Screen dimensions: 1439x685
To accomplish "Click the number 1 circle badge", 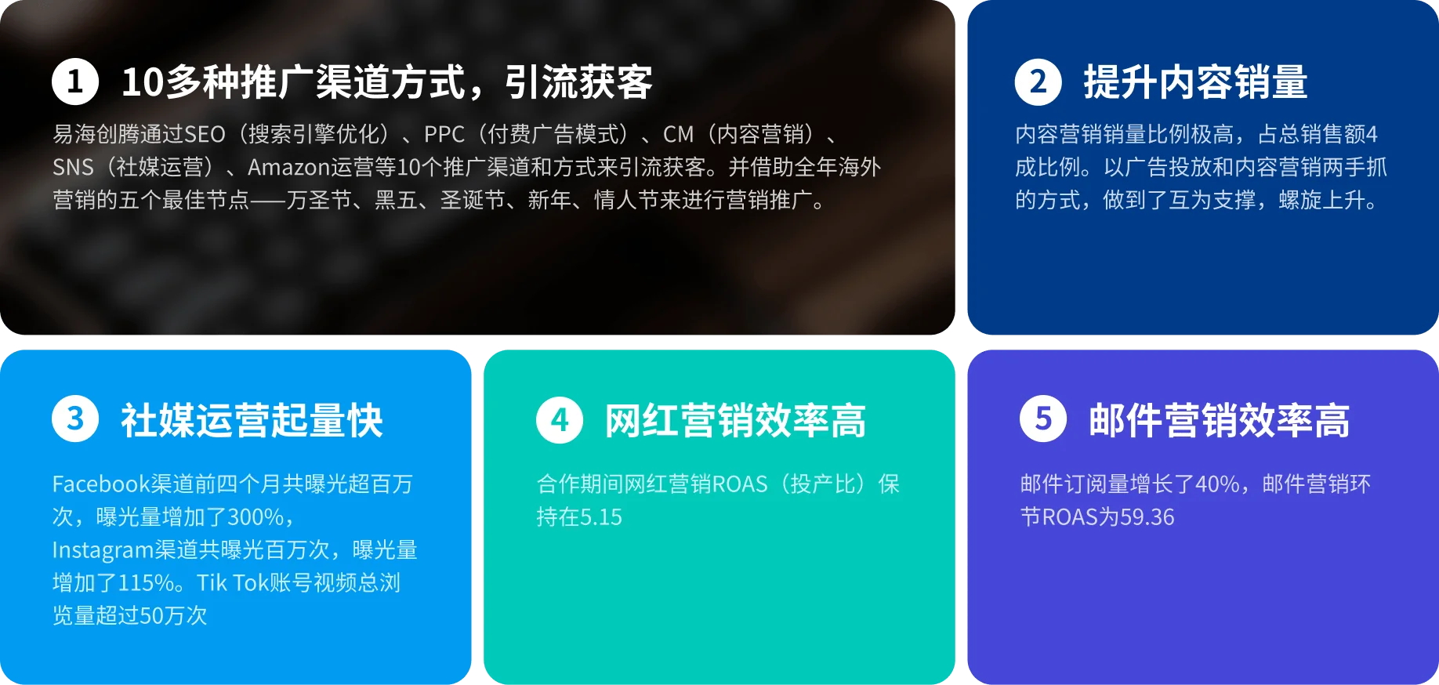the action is click(x=75, y=82).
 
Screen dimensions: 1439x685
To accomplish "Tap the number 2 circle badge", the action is click(x=1038, y=82).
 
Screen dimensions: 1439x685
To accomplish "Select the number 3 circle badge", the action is click(x=75, y=419).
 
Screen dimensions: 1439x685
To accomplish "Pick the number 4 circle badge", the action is click(x=560, y=419).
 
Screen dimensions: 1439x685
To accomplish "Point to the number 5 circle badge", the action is click(x=1043, y=419).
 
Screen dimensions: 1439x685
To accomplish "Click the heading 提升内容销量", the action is click(x=1195, y=82).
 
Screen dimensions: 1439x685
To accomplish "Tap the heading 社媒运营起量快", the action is click(x=252, y=420).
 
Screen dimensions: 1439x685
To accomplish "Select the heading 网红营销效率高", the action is click(x=735, y=420).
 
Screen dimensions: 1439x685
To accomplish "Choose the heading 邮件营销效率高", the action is click(x=1220, y=420).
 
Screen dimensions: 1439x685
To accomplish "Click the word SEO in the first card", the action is click(x=205, y=135).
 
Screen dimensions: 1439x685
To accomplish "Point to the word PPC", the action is click(x=444, y=135).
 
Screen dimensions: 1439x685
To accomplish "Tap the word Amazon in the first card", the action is click(x=288, y=168).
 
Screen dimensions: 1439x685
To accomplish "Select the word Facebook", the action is click(x=101, y=484).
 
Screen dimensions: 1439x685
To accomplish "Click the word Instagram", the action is click(x=103, y=550).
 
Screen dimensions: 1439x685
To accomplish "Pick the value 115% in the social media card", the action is click(x=146, y=583).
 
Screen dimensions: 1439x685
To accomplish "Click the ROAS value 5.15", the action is click(x=601, y=517).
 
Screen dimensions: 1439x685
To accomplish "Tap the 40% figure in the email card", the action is click(x=1217, y=484).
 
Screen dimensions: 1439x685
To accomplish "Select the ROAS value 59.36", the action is click(x=1147, y=517).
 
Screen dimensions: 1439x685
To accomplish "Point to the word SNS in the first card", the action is click(x=73, y=168).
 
